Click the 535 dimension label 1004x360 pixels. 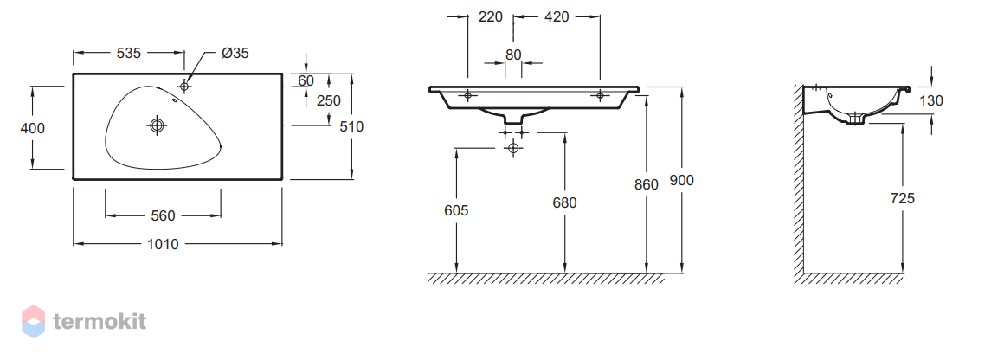tap(129, 53)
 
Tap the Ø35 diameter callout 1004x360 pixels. tap(235, 53)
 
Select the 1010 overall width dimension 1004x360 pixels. tap(163, 244)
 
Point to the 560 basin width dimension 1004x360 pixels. tap(163, 215)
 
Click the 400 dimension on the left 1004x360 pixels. tap(33, 128)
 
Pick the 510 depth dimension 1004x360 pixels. tap(351, 127)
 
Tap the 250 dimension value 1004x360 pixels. tap(329, 100)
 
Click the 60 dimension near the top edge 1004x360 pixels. tap(306, 80)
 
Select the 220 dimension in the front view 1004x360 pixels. tap(491, 16)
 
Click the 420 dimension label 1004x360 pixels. tap(557, 16)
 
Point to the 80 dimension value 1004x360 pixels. tap(513, 55)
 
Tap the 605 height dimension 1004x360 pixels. tap(456, 210)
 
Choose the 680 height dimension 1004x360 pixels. tap(564, 203)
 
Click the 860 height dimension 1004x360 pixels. tap(646, 185)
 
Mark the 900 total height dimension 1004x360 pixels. tap(681, 181)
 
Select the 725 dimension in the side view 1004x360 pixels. tap(902, 198)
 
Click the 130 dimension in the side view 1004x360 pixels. tap(931, 100)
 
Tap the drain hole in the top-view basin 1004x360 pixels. tap(158, 125)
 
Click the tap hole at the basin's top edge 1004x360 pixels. tap(184, 86)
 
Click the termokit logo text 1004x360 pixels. tap(100, 321)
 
